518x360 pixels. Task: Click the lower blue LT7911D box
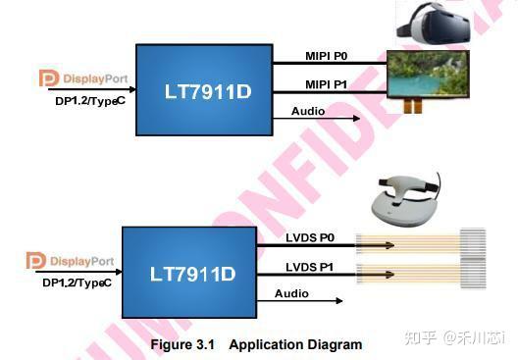pos(188,272)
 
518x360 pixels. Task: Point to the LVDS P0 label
pos(309,236)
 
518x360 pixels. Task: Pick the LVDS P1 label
pos(309,267)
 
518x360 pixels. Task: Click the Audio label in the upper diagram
pos(307,111)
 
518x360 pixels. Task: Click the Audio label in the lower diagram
pos(292,293)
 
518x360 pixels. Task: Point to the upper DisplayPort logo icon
pos(48,77)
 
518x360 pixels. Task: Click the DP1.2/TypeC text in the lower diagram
pos(77,283)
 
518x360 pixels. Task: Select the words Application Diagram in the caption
pos(302,344)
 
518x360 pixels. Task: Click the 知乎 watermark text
pos(420,338)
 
